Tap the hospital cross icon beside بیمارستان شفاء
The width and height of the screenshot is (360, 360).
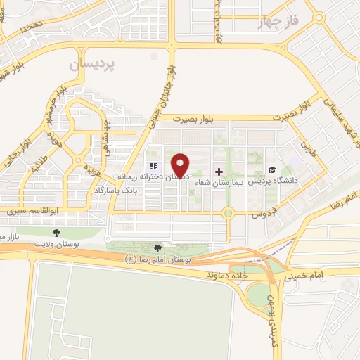click(218, 171)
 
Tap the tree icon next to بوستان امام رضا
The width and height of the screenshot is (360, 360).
click(157, 247)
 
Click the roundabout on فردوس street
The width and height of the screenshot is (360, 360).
click(228, 212)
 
